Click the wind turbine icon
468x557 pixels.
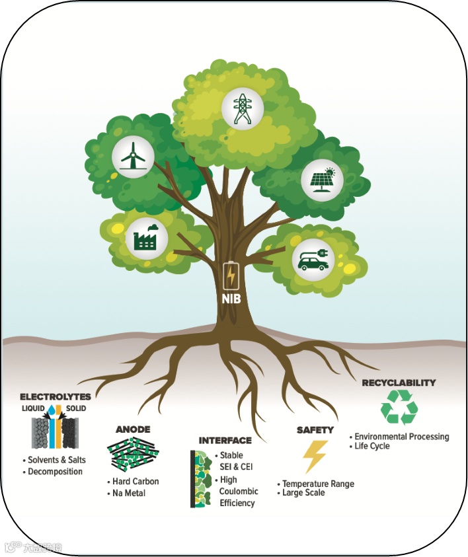click(133, 157)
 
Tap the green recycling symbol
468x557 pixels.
click(399, 406)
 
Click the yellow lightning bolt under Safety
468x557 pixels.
click(314, 456)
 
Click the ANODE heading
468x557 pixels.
click(133, 427)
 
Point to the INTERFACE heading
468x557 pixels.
click(225, 440)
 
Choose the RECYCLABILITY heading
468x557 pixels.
click(399, 383)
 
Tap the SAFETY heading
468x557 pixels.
click(315, 430)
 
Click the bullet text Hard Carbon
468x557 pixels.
click(136, 481)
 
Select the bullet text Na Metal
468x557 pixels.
click(130, 493)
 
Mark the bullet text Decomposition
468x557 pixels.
click(56, 472)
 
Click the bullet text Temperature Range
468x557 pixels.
click(318, 484)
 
